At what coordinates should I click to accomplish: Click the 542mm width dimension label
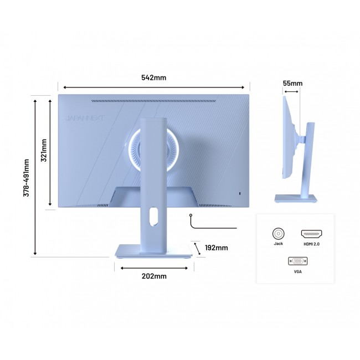coord(153,78)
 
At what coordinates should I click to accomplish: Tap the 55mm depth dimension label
coord(292,83)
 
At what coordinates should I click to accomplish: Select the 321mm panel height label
coord(44,150)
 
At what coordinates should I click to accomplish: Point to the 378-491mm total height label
coord(26,178)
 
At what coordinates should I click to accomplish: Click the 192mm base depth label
coord(216,248)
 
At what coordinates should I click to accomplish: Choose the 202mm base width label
coord(154,276)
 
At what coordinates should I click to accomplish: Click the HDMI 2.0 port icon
coord(311,234)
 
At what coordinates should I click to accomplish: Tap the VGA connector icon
coord(298,261)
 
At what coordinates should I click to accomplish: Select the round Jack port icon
coord(278,234)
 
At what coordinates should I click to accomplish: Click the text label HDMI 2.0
coord(312,244)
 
